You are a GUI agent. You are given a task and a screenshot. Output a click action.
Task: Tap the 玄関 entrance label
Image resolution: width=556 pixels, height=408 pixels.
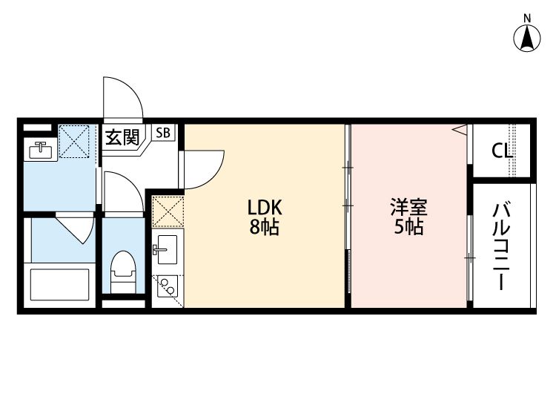pyautogui.click(x=120, y=137)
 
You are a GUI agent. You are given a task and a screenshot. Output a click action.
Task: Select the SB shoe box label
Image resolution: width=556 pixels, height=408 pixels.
pyautogui.click(x=163, y=134)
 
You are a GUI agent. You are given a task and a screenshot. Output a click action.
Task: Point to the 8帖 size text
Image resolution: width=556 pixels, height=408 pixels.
pyautogui.click(x=263, y=228)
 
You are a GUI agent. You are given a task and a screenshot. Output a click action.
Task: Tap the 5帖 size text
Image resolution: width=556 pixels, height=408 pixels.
pyautogui.click(x=408, y=228)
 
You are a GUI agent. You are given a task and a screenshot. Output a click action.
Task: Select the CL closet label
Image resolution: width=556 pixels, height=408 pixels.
pyautogui.click(x=501, y=151)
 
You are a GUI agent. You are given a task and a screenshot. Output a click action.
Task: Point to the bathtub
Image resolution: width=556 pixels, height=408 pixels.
pyautogui.click(x=59, y=283)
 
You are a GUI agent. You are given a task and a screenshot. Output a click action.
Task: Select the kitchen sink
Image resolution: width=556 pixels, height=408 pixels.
pyautogui.click(x=165, y=248)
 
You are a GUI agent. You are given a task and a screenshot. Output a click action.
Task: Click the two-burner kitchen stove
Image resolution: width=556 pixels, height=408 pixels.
pyautogui.click(x=166, y=286)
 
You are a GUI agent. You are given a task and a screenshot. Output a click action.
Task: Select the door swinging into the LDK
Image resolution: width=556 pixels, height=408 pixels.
pyautogui.click(x=202, y=168)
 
